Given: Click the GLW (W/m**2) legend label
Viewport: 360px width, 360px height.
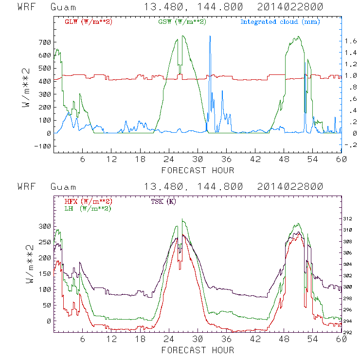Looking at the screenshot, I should pos(88,21).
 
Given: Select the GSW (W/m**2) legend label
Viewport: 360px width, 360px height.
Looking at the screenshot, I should pos(181,21).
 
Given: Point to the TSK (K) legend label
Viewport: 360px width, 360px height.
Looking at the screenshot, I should pos(164,201).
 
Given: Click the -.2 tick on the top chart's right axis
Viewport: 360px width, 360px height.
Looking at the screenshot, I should pos(350,145).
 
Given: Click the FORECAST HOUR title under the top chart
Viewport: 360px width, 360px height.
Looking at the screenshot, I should pos(198,170).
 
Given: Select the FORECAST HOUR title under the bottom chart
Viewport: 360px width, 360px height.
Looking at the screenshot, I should pos(198,350).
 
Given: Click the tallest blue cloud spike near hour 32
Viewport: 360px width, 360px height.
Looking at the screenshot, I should pos(210,36).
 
